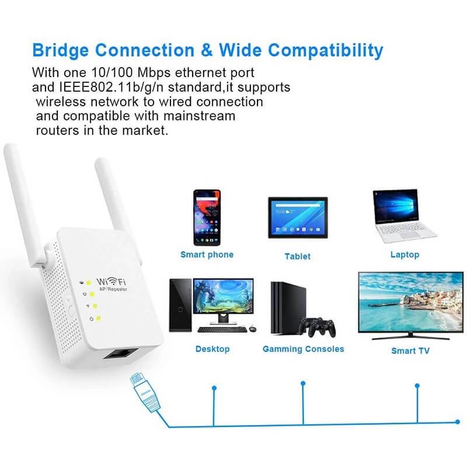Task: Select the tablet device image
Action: (x=297, y=217)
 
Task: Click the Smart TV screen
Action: (x=411, y=302)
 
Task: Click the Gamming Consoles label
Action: (x=303, y=349)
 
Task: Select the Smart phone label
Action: (x=207, y=255)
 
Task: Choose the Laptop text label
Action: (x=405, y=255)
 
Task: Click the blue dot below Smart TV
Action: (x=417, y=385)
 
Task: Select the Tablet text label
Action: (x=297, y=256)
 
